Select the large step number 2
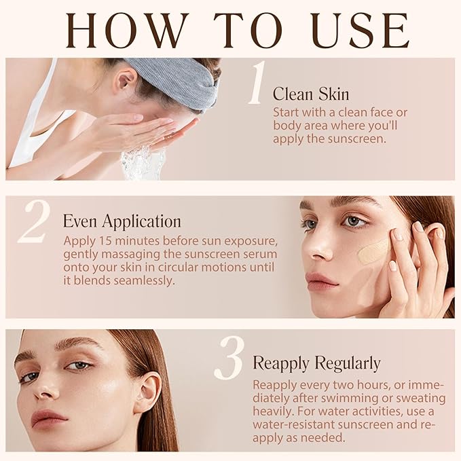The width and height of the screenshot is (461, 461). [34, 222]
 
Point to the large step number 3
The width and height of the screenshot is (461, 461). [228, 358]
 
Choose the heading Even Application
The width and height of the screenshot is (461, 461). [122, 221]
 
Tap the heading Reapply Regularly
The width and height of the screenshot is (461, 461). [316, 363]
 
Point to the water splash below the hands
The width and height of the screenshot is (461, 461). [143, 164]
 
